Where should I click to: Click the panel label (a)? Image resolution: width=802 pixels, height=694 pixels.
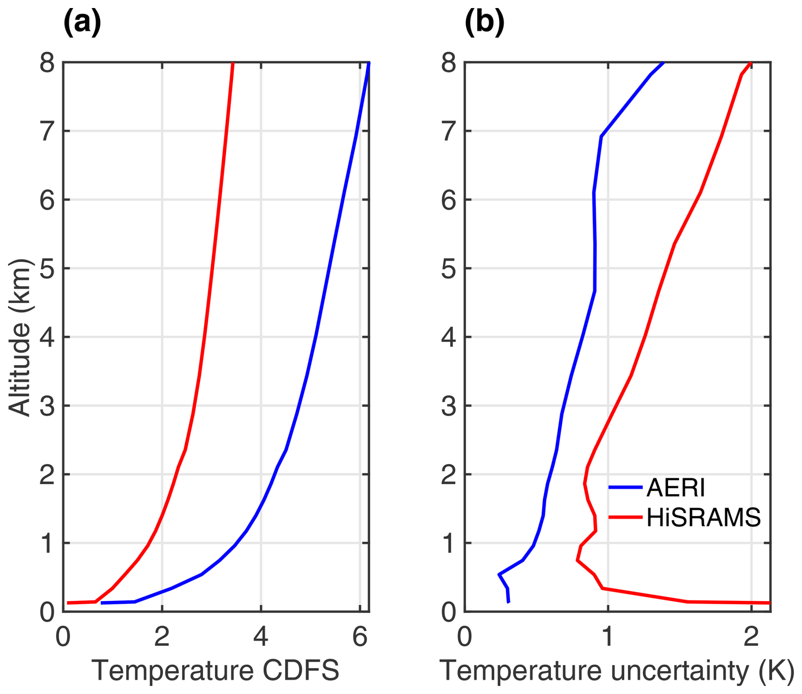pyautogui.click(x=82, y=22)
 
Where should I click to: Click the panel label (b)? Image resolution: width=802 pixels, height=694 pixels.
pyautogui.click(x=485, y=22)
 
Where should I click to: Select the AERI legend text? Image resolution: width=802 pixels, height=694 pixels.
pyautogui.click(x=676, y=488)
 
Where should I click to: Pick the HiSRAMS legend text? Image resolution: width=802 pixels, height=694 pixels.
pyautogui.click(x=704, y=517)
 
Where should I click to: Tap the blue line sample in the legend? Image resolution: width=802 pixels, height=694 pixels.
pyautogui.click(x=625, y=488)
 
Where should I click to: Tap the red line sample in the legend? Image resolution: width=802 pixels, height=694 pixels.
pyautogui.click(x=625, y=517)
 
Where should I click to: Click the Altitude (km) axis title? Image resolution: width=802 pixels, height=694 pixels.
pyautogui.click(x=20, y=337)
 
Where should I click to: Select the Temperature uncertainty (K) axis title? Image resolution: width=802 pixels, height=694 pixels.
pyautogui.click(x=617, y=671)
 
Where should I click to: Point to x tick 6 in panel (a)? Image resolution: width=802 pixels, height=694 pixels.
pyautogui.click(x=360, y=637)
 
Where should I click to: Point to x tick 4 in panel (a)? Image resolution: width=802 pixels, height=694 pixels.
pyautogui.click(x=261, y=637)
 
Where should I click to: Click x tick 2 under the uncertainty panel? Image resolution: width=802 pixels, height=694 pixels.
pyautogui.click(x=751, y=637)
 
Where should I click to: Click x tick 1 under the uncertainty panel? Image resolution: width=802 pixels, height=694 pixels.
pyautogui.click(x=608, y=637)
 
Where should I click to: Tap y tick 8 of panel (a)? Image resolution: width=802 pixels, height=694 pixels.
pyautogui.click(x=47, y=64)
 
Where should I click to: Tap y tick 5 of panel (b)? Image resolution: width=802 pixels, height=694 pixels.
pyautogui.click(x=449, y=269)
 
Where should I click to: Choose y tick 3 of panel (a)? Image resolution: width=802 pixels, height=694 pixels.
pyautogui.click(x=47, y=406)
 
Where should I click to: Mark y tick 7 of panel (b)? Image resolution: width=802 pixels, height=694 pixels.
pyautogui.click(x=449, y=132)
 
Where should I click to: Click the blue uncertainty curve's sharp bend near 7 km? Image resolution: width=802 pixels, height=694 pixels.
pyautogui.click(x=601, y=136)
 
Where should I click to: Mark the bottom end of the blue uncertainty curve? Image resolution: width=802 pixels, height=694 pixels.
pyautogui.click(x=509, y=602)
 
